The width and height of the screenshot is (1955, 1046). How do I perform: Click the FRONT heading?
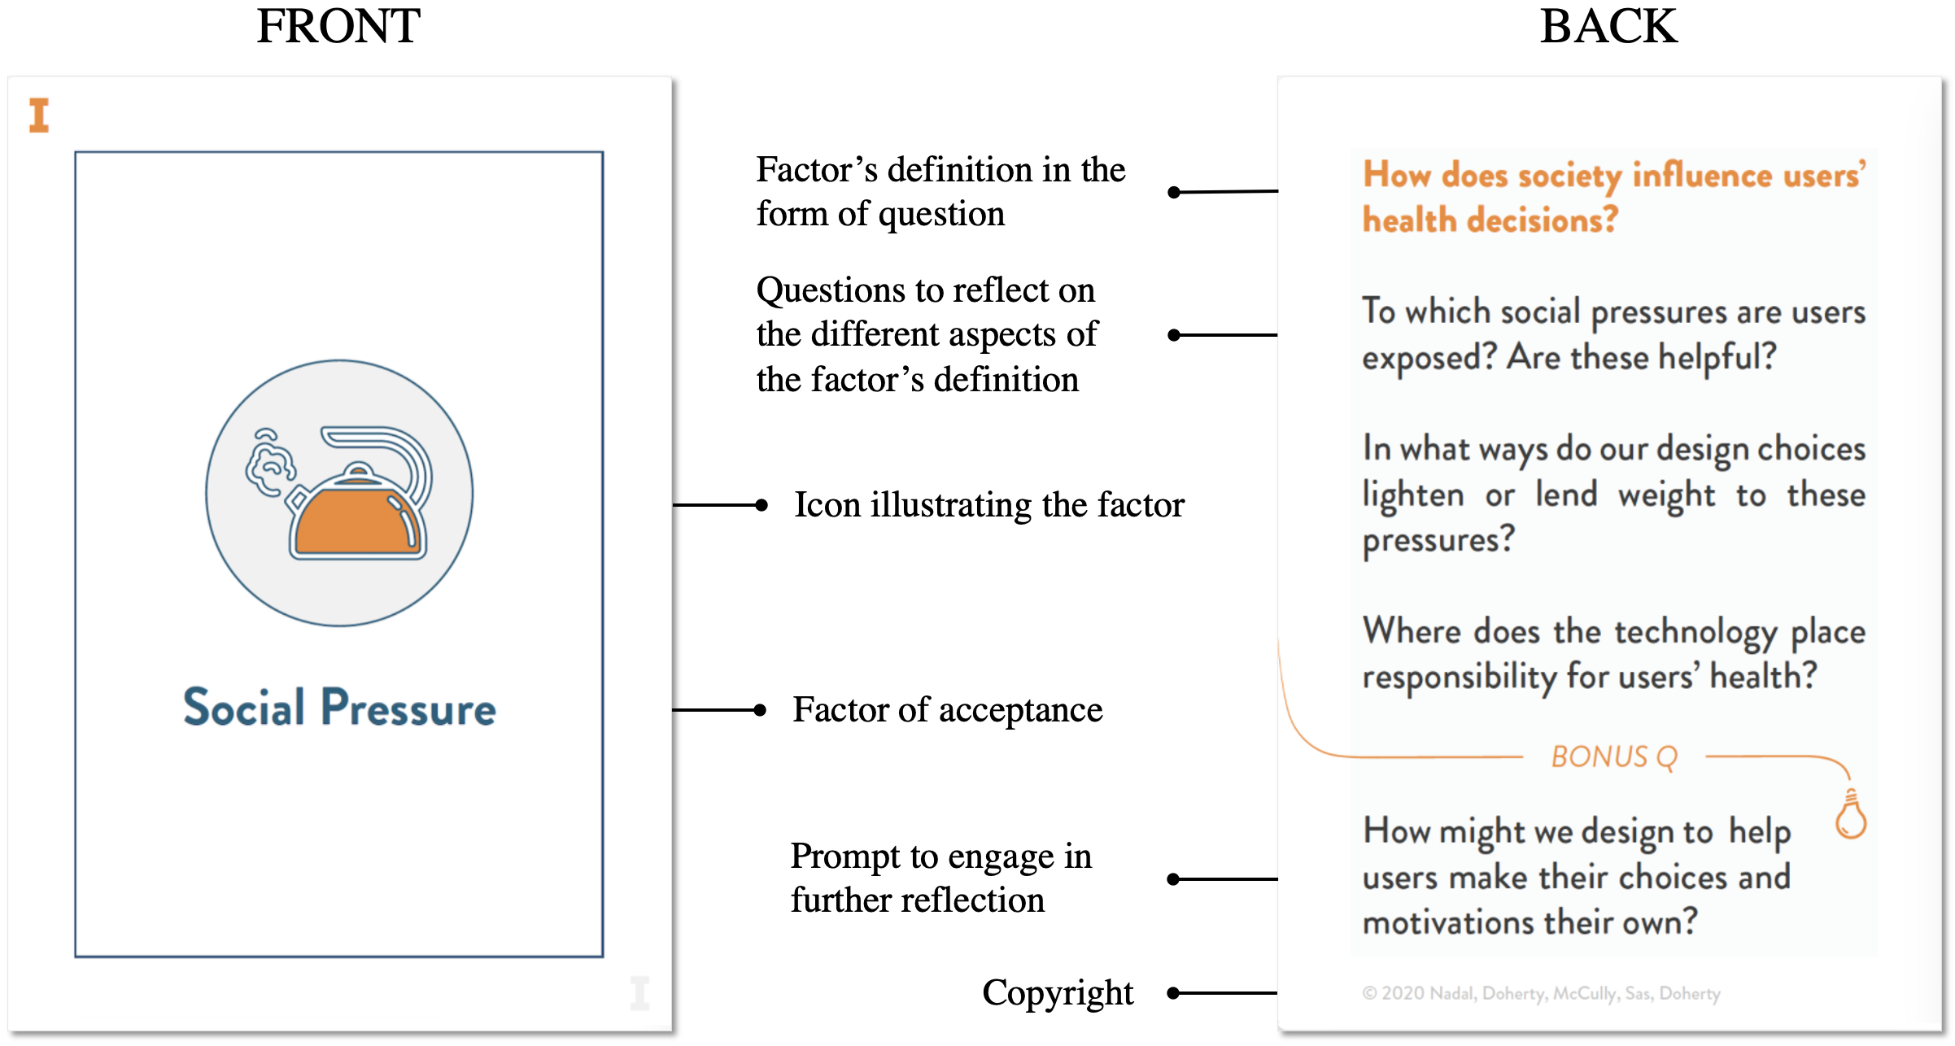[x=338, y=26]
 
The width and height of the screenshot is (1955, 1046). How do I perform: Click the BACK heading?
[x=1608, y=26]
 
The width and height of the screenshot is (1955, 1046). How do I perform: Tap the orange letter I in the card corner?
[x=39, y=115]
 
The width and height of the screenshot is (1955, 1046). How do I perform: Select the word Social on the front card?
[x=244, y=707]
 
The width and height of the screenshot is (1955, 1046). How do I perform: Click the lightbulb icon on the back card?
[x=1851, y=814]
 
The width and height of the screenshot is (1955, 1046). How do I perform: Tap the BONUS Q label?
[x=1614, y=757]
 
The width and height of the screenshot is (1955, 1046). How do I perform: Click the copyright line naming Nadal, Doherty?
[x=1541, y=993]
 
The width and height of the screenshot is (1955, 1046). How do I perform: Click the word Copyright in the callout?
[x=1058, y=993]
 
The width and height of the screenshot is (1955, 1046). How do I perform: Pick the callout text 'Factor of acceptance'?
[x=948, y=710]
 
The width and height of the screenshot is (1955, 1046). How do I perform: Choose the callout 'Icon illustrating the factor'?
[x=989, y=505]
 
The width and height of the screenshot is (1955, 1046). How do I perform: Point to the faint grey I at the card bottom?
[x=640, y=993]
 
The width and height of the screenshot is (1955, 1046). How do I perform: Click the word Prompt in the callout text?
[x=846, y=857]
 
